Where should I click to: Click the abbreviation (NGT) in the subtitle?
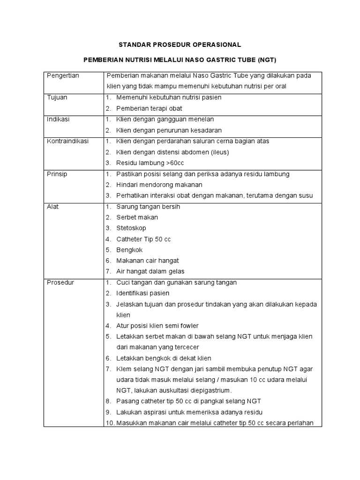[266, 60]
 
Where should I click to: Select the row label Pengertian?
[62, 75]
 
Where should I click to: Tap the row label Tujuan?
[57, 97]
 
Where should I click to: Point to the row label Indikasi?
[58, 119]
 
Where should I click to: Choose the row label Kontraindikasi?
[68, 141]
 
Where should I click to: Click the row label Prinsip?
[57, 174]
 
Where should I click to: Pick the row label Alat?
[53, 207]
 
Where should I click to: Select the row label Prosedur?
[60, 283]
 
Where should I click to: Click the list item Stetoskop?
[131, 228]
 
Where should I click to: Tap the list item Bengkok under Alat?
[129, 250]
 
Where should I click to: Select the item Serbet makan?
[137, 217]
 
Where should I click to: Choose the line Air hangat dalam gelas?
[150, 271]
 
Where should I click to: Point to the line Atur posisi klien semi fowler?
[157, 326]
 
